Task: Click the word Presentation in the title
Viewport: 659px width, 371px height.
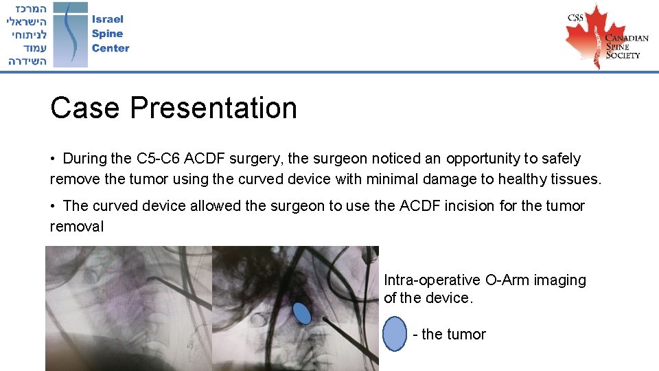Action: click(213, 108)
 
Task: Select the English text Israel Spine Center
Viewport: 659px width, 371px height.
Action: click(110, 34)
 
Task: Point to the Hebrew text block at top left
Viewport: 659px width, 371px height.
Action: click(27, 34)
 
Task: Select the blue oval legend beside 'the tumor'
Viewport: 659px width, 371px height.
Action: click(395, 335)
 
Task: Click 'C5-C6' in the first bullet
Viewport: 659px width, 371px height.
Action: click(159, 159)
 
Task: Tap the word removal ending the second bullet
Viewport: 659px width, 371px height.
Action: click(77, 227)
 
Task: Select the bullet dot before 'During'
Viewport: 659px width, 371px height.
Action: click(54, 159)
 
